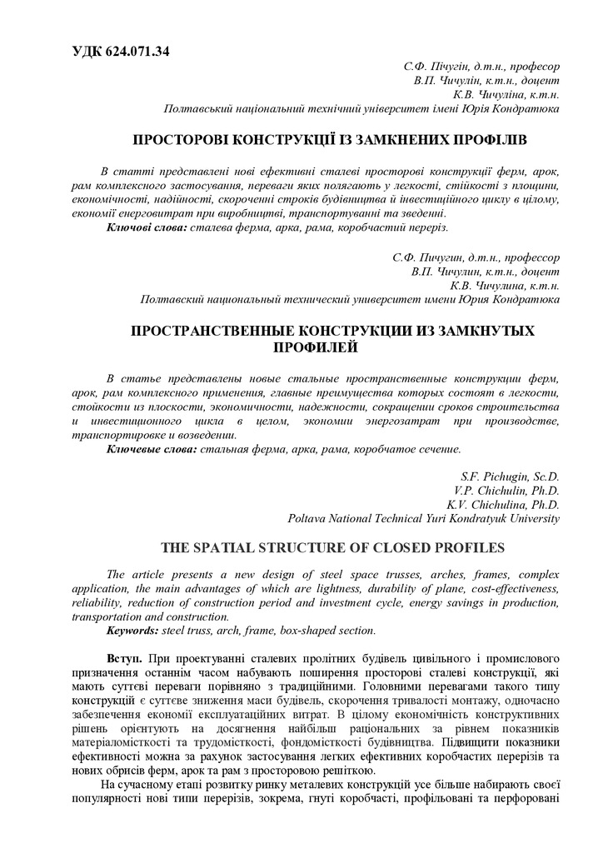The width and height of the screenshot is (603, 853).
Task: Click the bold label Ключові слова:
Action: (147, 227)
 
